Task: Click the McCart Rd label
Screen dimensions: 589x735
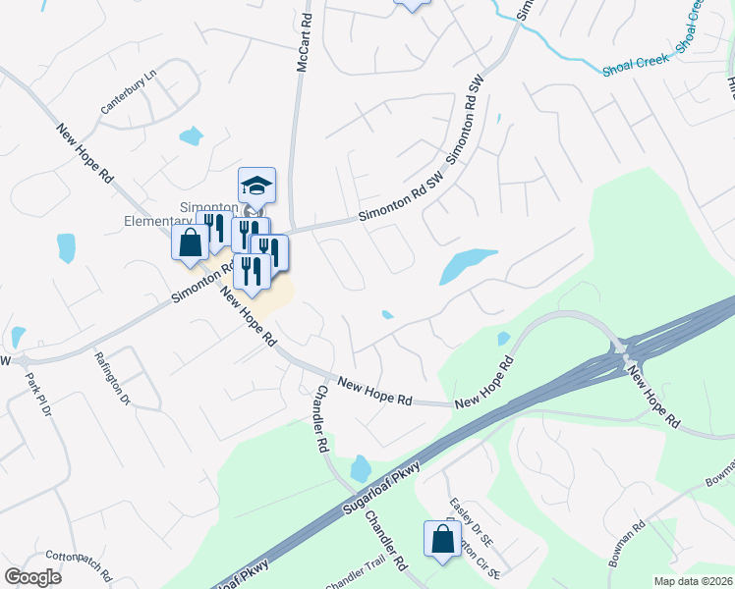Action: click(x=305, y=42)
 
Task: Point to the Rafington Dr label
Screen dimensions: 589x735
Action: click(x=112, y=379)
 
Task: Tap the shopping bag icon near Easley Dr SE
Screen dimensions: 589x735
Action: click(x=442, y=539)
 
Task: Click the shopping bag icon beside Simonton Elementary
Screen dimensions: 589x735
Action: click(x=191, y=242)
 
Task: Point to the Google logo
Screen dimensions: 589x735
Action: click(x=32, y=577)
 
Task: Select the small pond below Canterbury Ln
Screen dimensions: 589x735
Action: click(x=191, y=135)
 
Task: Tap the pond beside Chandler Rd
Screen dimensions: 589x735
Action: click(x=359, y=468)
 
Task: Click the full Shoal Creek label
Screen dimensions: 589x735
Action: click(x=637, y=61)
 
